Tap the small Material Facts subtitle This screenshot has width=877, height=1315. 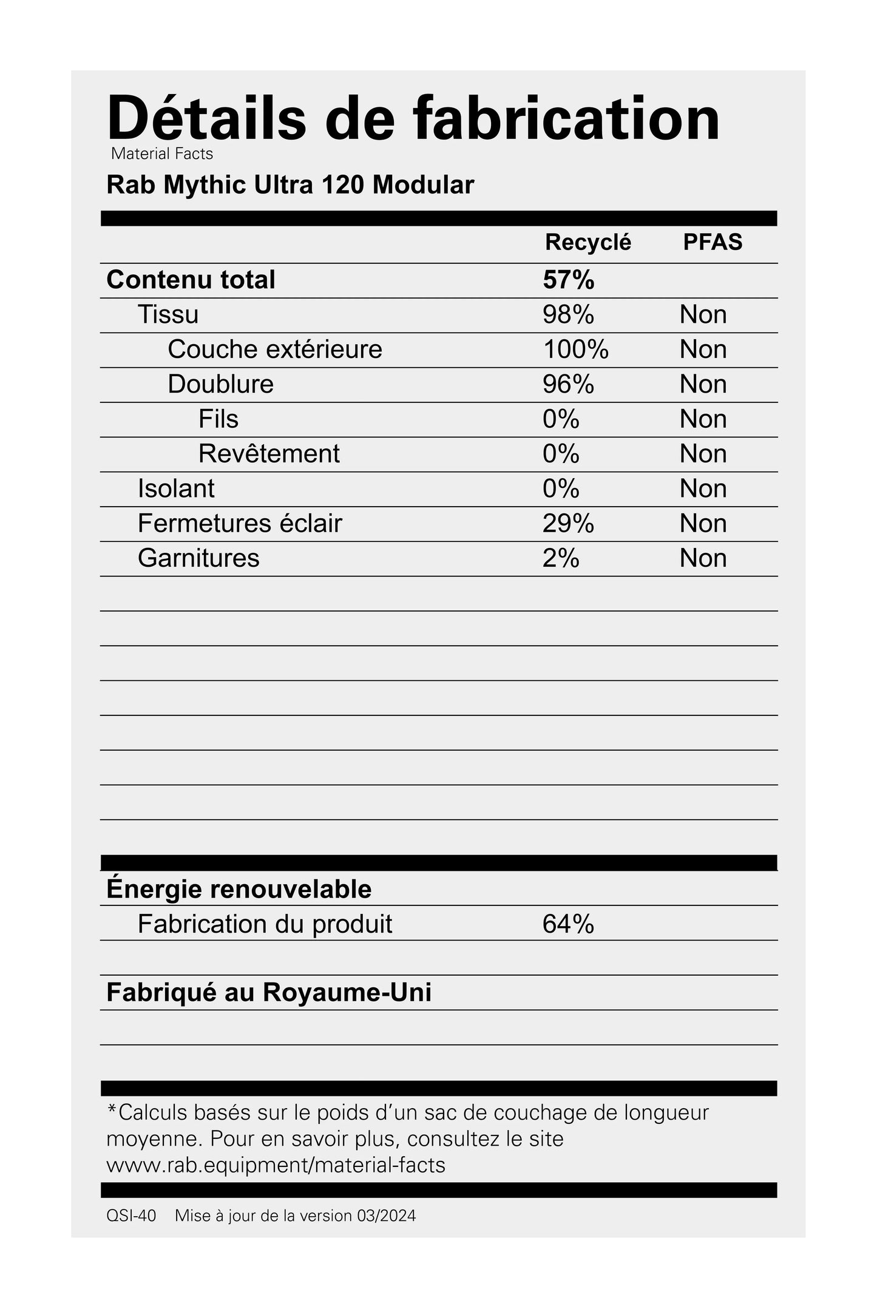162,154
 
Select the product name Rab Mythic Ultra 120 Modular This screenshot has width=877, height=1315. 290,185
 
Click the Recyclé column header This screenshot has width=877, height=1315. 587,242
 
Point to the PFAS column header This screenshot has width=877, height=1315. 713,242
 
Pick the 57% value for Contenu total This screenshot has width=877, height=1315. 568,280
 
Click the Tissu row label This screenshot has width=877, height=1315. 168,314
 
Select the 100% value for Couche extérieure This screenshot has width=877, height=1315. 575,350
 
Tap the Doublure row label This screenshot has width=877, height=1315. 220,384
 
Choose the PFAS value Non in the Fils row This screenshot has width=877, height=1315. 703,419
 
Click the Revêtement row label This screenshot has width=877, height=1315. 269,454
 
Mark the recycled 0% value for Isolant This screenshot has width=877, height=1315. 561,488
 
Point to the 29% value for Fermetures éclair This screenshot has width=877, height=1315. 568,523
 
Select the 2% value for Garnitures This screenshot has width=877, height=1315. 561,558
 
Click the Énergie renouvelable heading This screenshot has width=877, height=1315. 239,889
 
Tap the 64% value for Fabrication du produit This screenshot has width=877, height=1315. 568,924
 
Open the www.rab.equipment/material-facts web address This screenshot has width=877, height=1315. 276,1165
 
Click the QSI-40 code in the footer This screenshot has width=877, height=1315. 131,1216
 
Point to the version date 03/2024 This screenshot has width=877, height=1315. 387,1216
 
